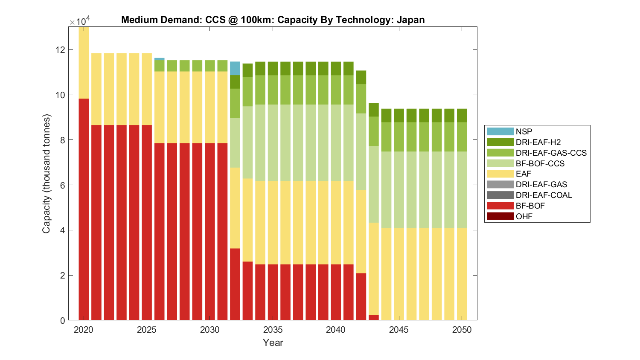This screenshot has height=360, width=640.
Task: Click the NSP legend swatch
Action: pyautogui.click(x=500, y=131)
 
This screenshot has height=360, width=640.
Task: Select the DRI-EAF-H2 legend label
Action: pyautogui.click(x=538, y=142)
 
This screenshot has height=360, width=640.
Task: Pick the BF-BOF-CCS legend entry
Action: pyautogui.click(x=540, y=163)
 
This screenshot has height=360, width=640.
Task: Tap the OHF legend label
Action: pyautogui.click(x=524, y=216)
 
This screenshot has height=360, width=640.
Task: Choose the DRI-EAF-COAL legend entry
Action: pyautogui.click(x=544, y=195)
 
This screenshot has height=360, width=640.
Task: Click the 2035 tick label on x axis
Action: pyautogui.click(x=273, y=330)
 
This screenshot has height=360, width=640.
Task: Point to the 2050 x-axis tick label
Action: pyautogui.click(x=462, y=330)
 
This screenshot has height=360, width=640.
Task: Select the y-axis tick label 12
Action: pyautogui.click(x=60, y=50)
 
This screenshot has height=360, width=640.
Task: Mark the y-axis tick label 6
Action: pyautogui.click(x=62, y=185)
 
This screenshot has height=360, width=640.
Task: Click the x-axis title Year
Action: pyautogui.click(x=273, y=343)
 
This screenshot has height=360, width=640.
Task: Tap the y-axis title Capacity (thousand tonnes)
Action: pyautogui.click(x=46, y=174)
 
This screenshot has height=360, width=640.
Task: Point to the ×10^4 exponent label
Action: pyautogui.click(x=80, y=21)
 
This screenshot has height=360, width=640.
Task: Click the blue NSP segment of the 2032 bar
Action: pyautogui.click(x=235, y=68)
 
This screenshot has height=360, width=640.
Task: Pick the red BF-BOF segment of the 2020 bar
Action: pyautogui.click(x=84, y=209)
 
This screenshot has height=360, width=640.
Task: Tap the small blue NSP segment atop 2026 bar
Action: pyautogui.click(x=160, y=59)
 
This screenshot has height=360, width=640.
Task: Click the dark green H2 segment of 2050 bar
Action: pyautogui.click(x=462, y=116)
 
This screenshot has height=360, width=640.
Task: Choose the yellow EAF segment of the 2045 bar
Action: pyautogui.click(x=399, y=274)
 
